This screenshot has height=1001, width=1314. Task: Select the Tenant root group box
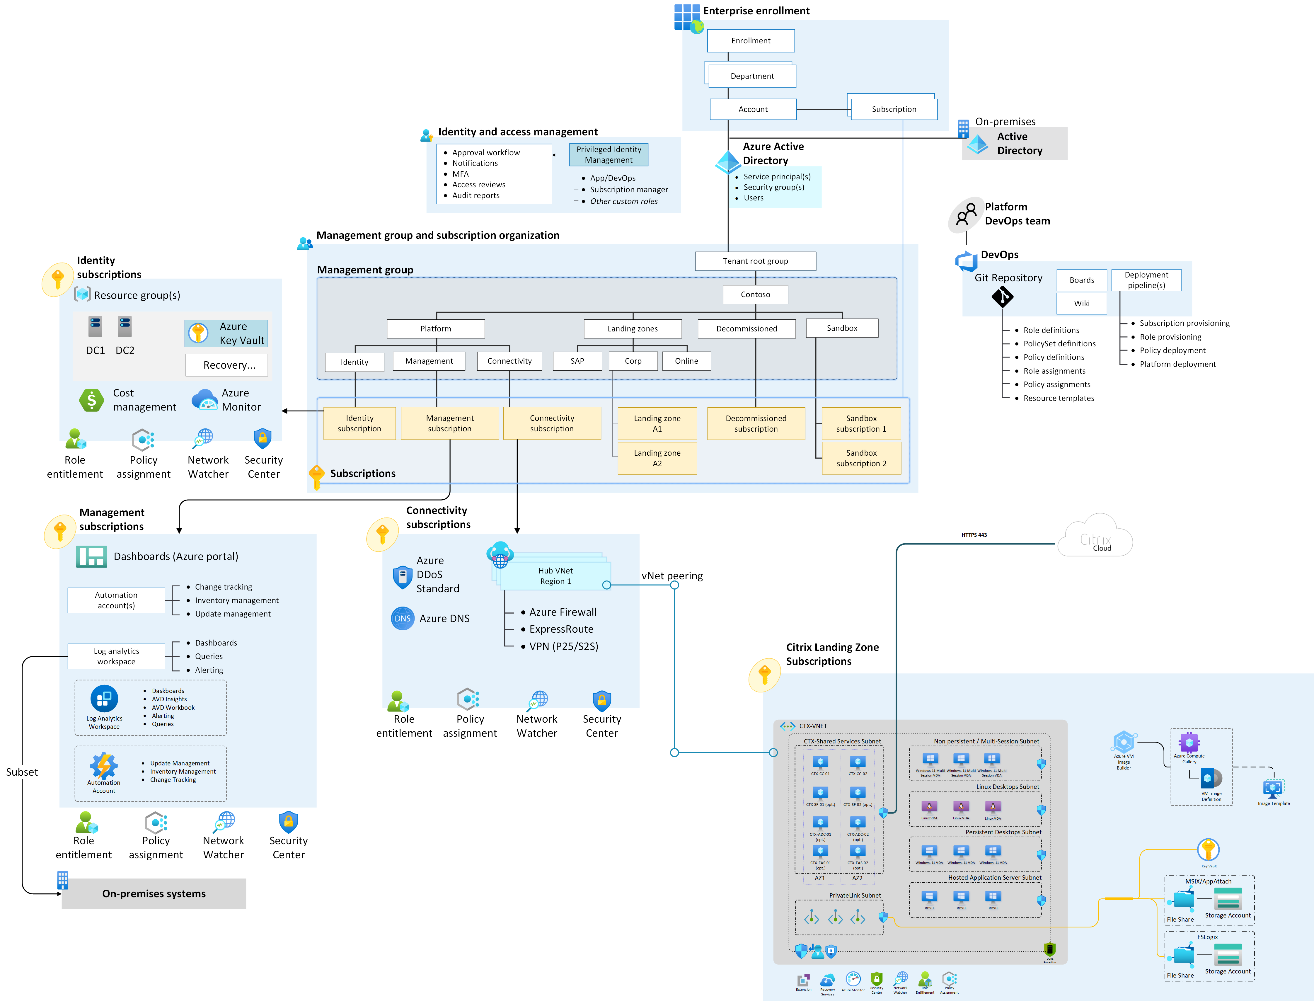coord(755,261)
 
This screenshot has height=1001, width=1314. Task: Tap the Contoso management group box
coord(755,294)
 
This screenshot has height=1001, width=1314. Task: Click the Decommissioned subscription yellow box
coord(756,424)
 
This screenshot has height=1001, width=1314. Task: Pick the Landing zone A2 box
coord(657,458)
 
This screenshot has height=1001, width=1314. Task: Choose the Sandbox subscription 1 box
coord(861,424)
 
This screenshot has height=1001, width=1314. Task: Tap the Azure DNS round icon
coord(403,619)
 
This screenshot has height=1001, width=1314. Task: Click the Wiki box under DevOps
coord(1082,303)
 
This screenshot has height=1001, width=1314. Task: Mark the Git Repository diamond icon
coord(1003,297)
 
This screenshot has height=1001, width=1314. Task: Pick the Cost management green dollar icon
coord(92,400)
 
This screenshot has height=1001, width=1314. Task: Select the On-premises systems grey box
coord(154,894)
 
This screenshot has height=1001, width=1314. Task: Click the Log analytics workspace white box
coord(116,656)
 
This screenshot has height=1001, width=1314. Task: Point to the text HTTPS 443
coord(974,535)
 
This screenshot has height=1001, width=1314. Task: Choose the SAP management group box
coord(577,361)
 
